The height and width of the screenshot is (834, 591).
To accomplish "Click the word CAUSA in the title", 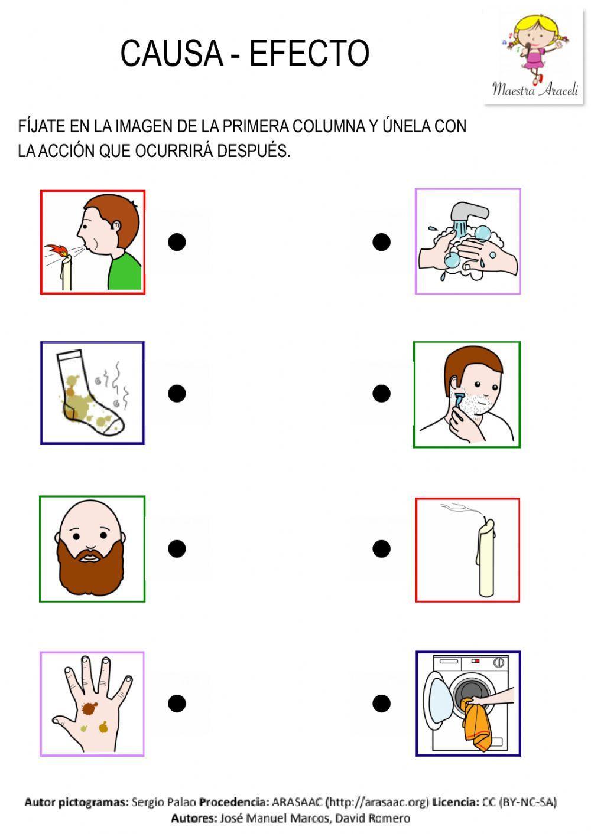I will (171, 53).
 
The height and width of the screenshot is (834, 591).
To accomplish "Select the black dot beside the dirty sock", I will (177, 393).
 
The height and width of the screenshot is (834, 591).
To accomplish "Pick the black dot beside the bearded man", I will (177, 548).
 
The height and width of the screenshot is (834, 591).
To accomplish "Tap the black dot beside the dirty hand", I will (177, 703).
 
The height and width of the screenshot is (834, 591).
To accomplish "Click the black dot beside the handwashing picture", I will (382, 241).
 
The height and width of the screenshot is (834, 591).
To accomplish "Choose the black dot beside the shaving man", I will (382, 393).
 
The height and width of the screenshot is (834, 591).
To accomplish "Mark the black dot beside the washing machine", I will (382, 703).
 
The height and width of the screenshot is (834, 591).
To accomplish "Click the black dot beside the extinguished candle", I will (382, 548).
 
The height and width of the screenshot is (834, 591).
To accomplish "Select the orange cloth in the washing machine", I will (478, 724).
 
